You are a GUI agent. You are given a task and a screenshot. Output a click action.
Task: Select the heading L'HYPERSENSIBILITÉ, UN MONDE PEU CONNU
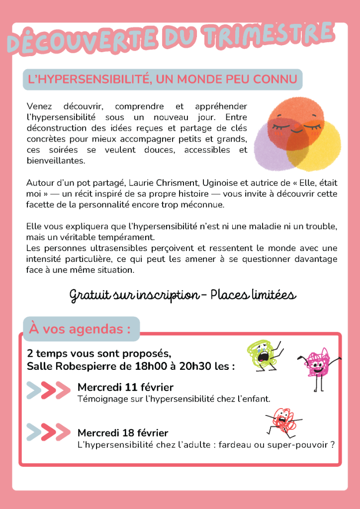click(x=163, y=79)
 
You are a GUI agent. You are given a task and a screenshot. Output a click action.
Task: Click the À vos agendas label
click(x=81, y=329)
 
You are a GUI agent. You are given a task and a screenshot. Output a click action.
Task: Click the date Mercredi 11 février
click(x=125, y=387)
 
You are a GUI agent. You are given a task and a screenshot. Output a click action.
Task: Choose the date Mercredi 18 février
click(x=123, y=433)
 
